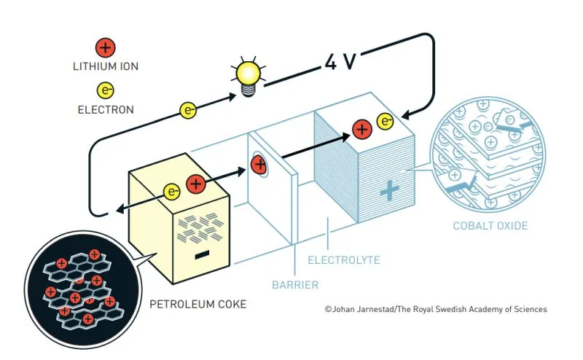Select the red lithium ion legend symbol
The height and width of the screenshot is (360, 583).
coord(106,49)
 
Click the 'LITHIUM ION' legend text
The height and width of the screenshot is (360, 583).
coord(106,67)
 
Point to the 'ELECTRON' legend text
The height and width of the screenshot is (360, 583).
coord(106,111)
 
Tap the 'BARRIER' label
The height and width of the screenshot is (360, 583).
coord(296,283)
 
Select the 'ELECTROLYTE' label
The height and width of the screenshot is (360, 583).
coord(343,259)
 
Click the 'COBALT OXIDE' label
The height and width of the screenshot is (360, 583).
coord(490,225)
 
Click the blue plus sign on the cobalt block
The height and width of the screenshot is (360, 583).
coord(390,191)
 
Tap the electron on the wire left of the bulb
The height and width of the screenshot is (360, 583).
coord(189,111)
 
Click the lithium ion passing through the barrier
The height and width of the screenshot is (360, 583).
coord(259,165)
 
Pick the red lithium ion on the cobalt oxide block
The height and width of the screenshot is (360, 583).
coord(361,130)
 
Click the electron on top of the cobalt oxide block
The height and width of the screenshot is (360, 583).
coord(385,121)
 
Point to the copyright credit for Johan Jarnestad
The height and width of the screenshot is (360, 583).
coord(436,309)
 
